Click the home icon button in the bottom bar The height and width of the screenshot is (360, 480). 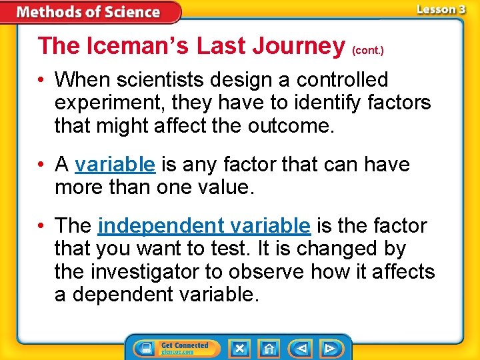tap(269, 349)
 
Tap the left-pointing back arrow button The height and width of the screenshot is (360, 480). tap(301, 349)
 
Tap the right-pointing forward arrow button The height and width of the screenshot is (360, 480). tap(330, 349)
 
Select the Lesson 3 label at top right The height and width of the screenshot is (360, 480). tap(441, 9)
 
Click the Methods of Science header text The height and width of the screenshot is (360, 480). tap(88, 12)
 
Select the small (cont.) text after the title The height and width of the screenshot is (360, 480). tap(367, 50)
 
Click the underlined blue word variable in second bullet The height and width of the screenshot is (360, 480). tap(115, 164)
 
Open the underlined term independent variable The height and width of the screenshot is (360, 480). tap(203, 226)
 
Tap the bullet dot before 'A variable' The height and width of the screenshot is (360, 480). tap(43, 165)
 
